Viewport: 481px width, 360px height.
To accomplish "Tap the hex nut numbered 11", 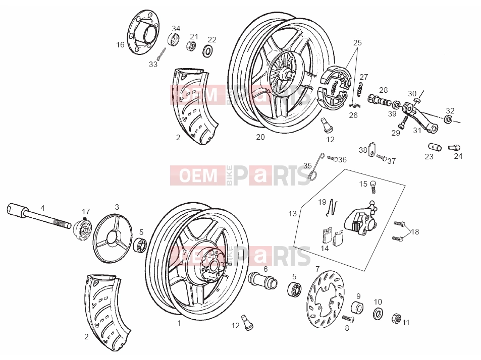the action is [x=397, y=318].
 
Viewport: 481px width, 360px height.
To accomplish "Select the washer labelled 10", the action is [x=378, y=313].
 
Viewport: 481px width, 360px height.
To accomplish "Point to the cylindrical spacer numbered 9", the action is [x=357, y=307].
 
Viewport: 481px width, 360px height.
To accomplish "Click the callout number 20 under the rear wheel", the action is [x=260, y=137].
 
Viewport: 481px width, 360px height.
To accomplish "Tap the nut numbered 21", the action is [x=191, y=46].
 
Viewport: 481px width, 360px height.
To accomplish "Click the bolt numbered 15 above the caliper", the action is [x=373, y=187].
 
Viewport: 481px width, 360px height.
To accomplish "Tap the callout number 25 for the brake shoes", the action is [x=357, y=42].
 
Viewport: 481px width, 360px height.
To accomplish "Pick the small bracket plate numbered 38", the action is [x=372, y=150].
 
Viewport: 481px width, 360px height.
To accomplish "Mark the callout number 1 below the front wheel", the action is [x=179, y=323].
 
